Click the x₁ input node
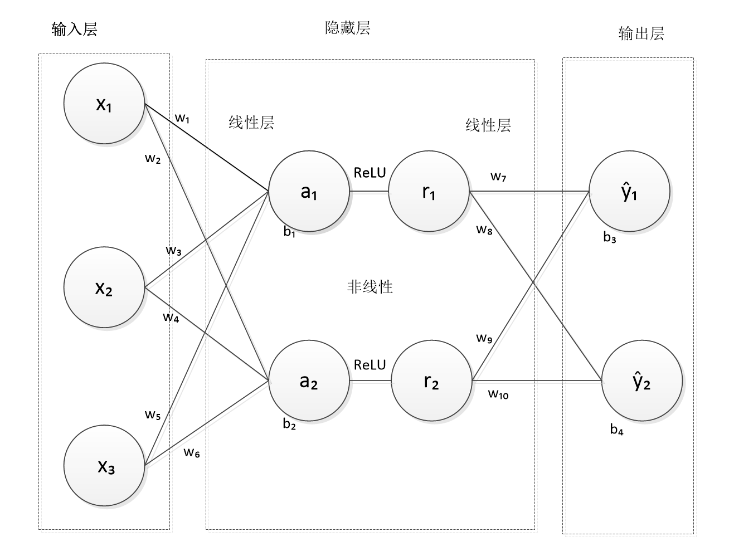[x=104, y=104]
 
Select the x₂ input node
[x=104, y=288]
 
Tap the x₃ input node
[x=104, y=465]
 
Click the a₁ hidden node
[x=309, y=192]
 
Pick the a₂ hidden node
[x=309, y=381]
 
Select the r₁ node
[x=429, y=192]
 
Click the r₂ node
[x=431, y=381]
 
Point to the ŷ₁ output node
[x=629, y=192]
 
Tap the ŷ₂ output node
[x=642, y=381]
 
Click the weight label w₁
[x=183, y=118]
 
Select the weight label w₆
[x=192, y=452]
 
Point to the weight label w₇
[x=498, y=177]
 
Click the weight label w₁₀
[x=498, y=394]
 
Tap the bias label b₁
[x=289, y=232]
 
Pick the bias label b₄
[x=616, y=430]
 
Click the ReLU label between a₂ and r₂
[x=370, y=365]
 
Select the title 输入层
[x=74, y=29]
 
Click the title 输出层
[x=641, y=33]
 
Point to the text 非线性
[x=370, y=287]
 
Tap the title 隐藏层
[x=347, y=28]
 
